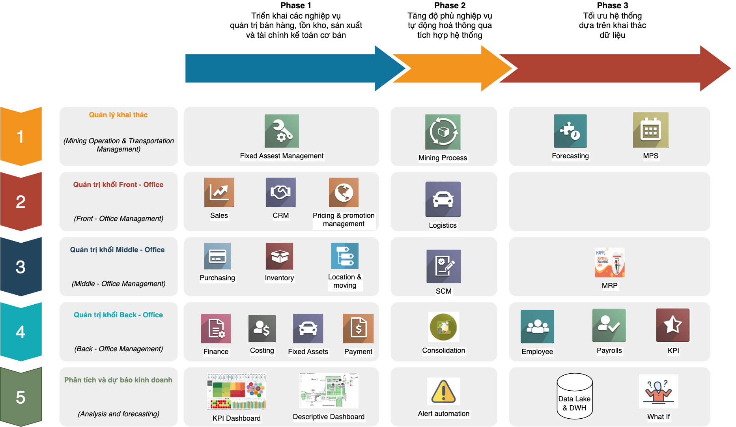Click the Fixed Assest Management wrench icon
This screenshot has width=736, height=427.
(x=282, y=131)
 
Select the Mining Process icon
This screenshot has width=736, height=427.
(x=443, y=132)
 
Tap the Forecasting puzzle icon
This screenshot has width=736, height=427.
(x=570, y=131)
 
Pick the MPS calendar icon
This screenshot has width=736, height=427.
(x=650, y=130)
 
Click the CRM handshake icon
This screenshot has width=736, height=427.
(x=280, y=193)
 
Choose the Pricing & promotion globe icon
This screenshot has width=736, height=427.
(x=344, y=193)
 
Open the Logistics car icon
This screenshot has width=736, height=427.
(x=443, y=199)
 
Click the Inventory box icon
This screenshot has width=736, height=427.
(x=279, y=256)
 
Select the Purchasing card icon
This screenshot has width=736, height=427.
(x=217, y=256)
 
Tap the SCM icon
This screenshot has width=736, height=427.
(x=443, y=266)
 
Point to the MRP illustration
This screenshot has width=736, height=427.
(x=609, y=262)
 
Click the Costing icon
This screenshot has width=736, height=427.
(x=262, y=328)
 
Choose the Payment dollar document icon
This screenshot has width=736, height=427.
(x=358, y=328)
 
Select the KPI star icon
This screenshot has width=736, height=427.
(x=673, y=325)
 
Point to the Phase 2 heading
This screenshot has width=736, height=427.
(x=450, y=6)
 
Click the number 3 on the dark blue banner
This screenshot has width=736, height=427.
(x=21, y=267)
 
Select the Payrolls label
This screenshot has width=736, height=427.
(x=609, y=350)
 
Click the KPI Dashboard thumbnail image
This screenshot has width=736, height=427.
(x=236, y=391)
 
